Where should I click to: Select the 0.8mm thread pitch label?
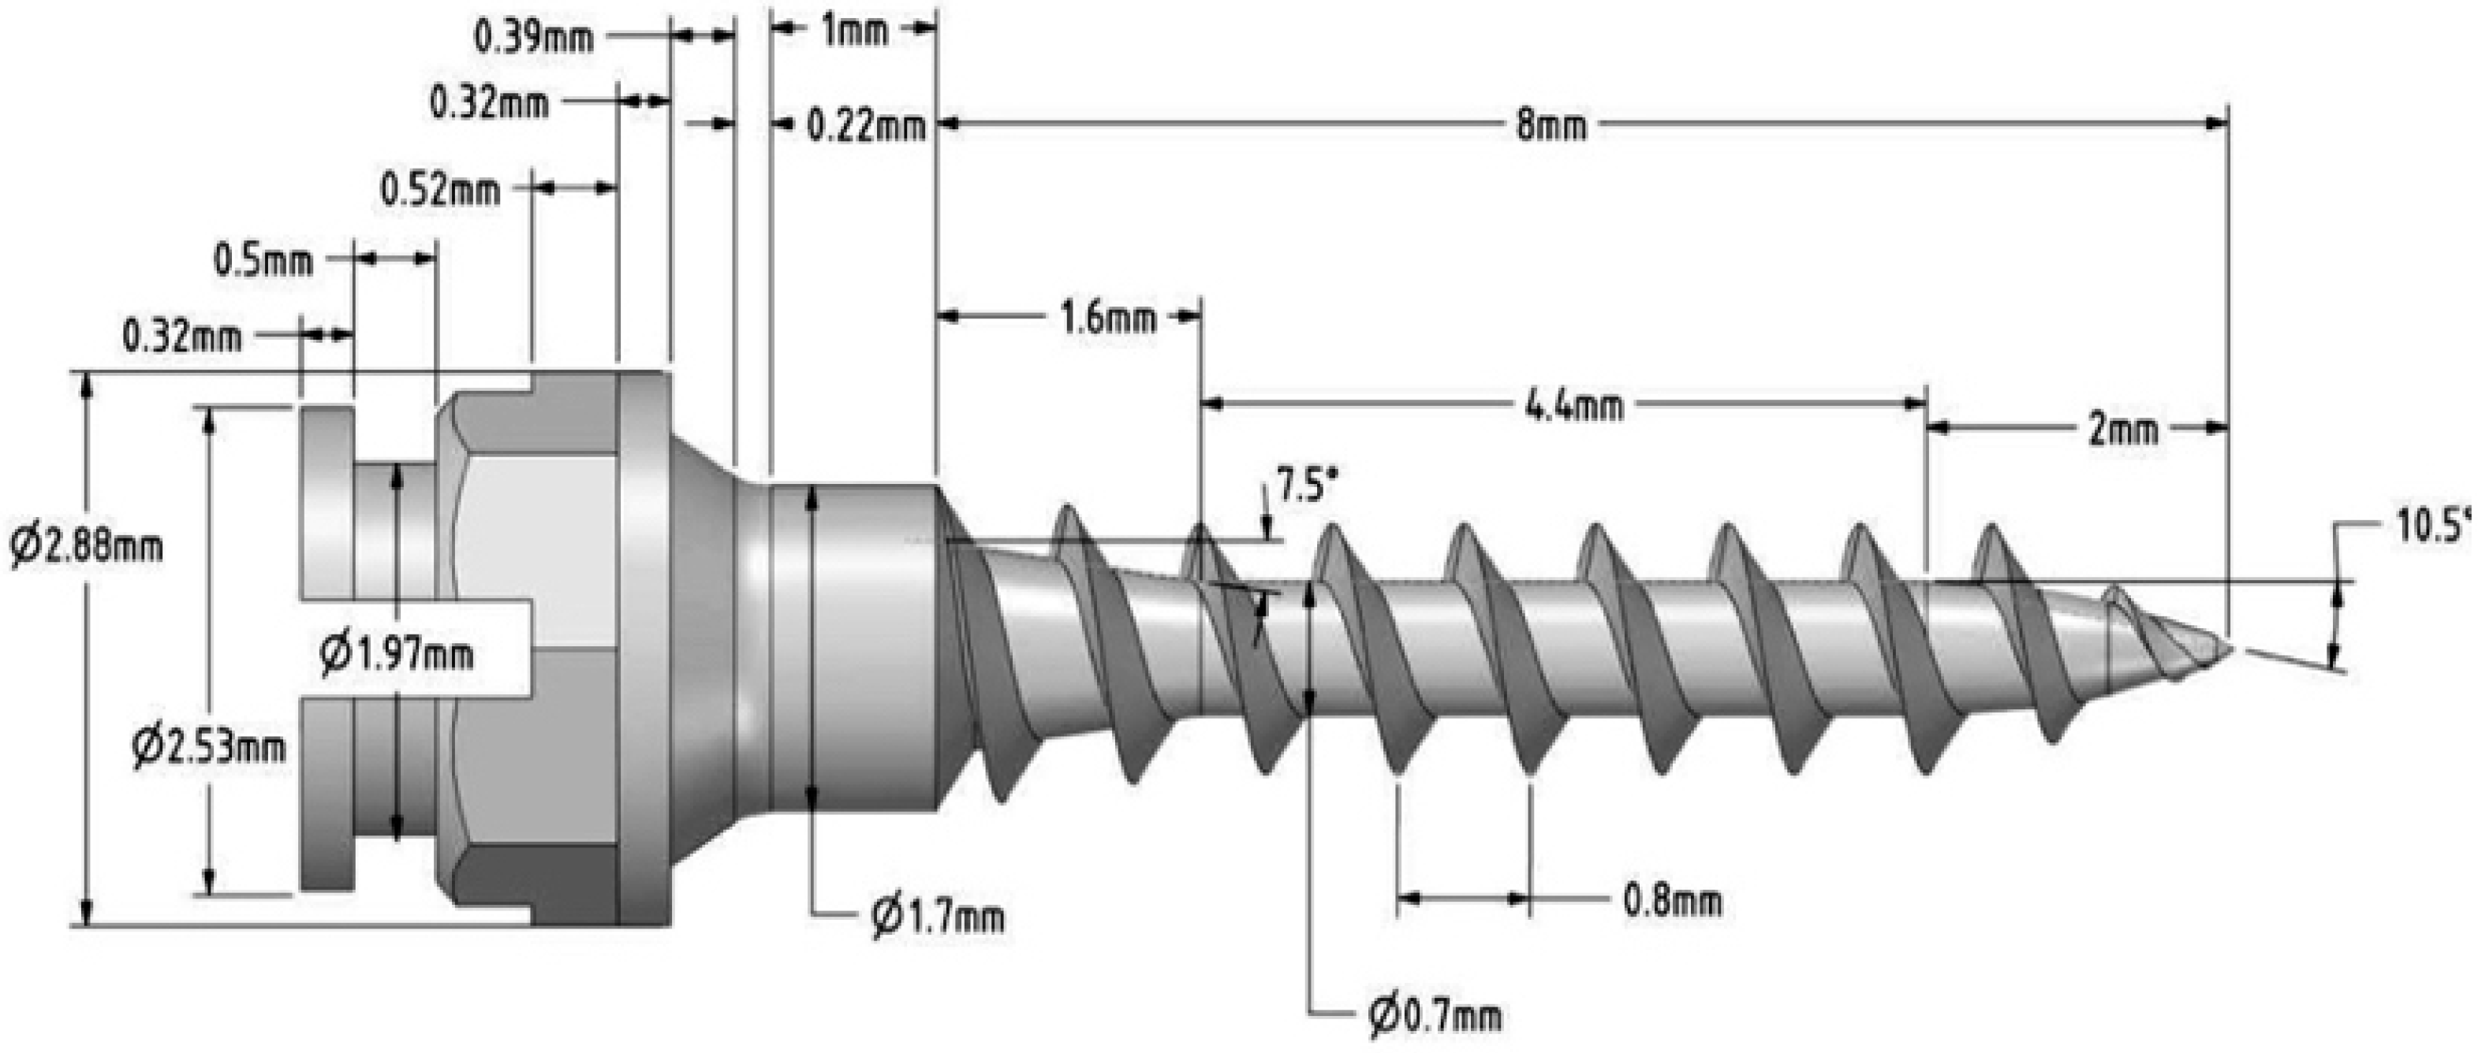pyautogui.click(x=1672, y=900)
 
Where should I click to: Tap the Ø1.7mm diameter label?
pyautogui.click(x=937, y=917)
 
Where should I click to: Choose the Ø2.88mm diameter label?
pyautogui.click(x=87, y=546)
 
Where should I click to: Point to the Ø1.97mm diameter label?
pyautogui.click(x=397, y=655)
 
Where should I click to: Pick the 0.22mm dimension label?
pyautogui.click(x=866, y=126)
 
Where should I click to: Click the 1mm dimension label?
pyautogui.click(x=853, y=32)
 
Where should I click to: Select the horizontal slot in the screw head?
pyautogui.click(x=413, y=649)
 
